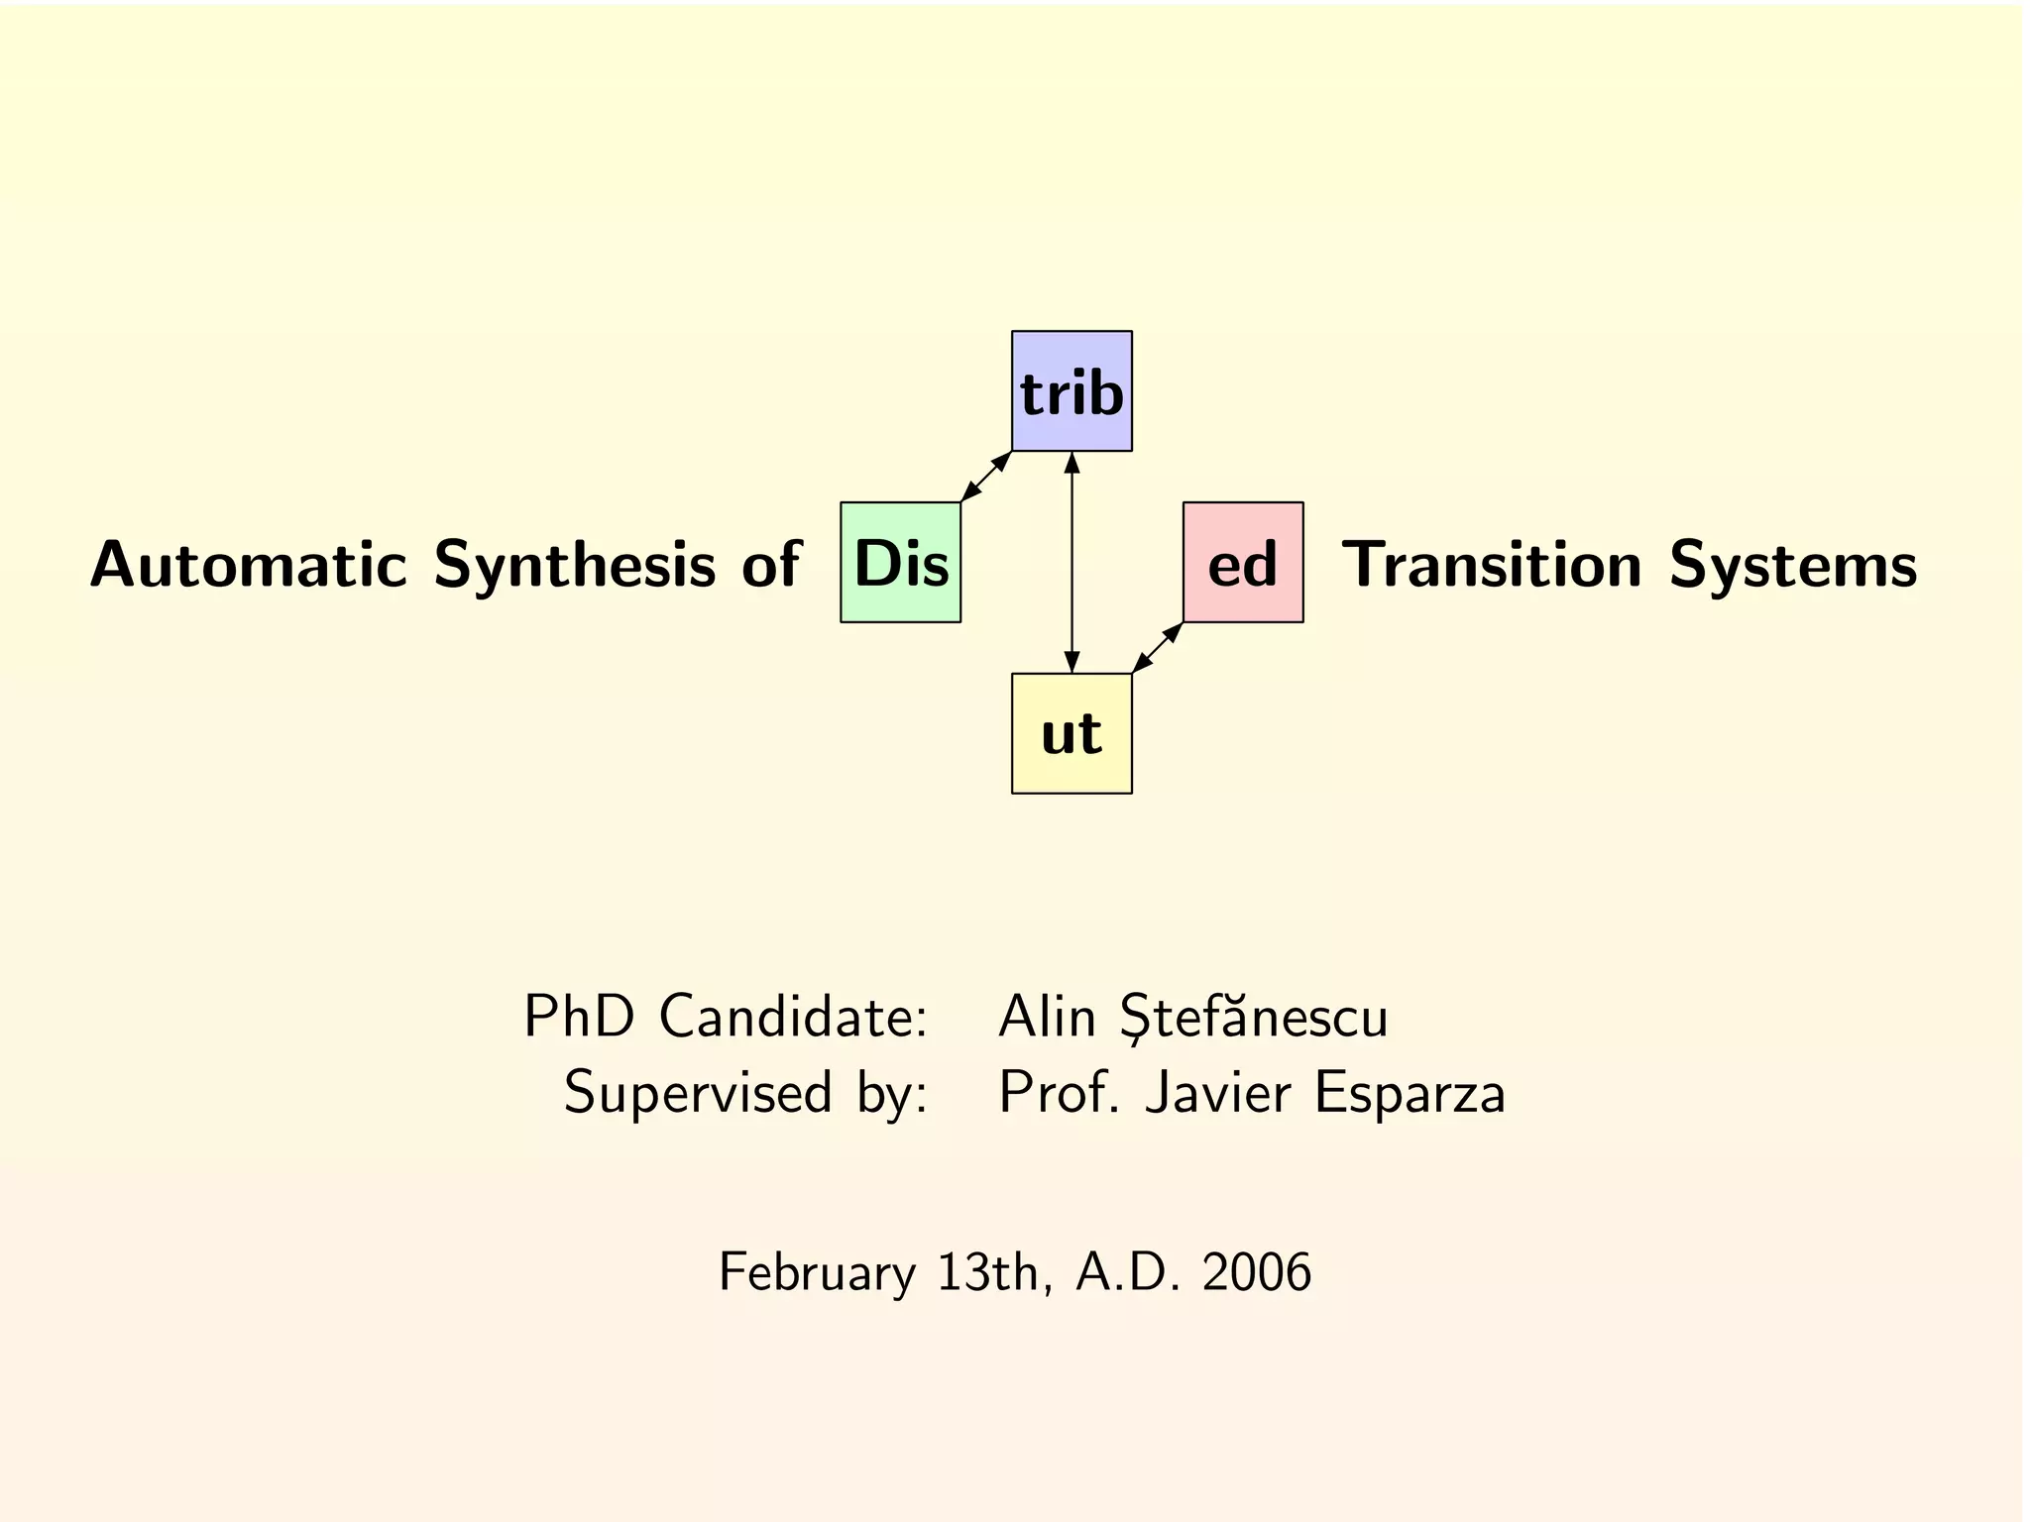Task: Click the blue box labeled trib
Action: [1071, 391]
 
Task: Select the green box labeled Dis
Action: [900, 563]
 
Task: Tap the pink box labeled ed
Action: [1243, 563]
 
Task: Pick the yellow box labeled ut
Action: [1071, 734]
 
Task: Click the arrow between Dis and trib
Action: [986, 477]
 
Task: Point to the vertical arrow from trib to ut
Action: [1071, 563]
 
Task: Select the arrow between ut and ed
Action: [1158, 648]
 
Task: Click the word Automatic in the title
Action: [249, 565]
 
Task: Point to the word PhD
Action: [579, 1017]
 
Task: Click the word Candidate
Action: [793, 1017]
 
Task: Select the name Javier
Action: [1218, 1093]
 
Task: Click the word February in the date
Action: [817, 1273]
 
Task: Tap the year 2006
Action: [1257, 1272]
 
